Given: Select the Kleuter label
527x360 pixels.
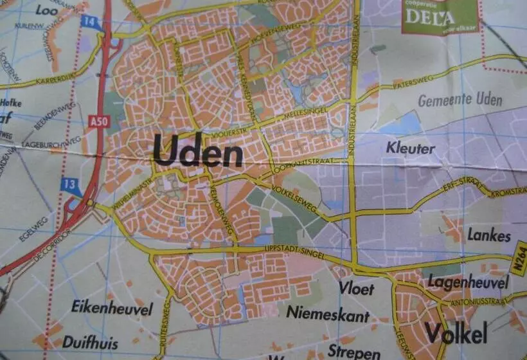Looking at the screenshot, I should (410, 148).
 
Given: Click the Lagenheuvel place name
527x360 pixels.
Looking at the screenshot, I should (468, 282).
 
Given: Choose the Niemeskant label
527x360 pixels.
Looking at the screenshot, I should (328, 316).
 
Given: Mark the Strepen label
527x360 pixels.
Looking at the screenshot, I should (353, 352).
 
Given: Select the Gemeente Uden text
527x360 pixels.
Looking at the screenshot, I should (460, 100).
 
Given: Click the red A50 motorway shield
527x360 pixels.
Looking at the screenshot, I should (96, 120).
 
